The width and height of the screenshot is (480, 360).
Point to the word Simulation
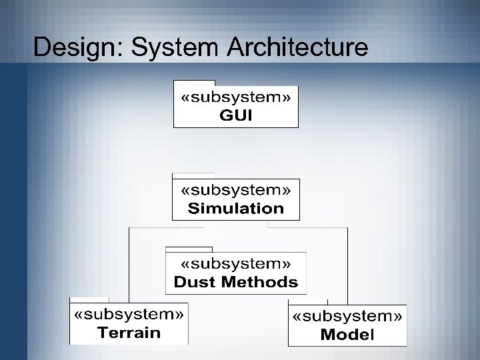[x=236, y=208]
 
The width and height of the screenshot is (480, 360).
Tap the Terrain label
[x=129, y=333]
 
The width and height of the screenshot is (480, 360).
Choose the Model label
[x=347, y=334]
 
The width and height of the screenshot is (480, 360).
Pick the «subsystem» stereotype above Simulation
[x=236, y=190]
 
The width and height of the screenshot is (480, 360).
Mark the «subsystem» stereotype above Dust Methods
[x=236, y=264]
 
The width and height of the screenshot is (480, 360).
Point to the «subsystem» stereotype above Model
[x=347, y=316]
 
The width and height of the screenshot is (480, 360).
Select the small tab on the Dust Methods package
[x=183, y=249]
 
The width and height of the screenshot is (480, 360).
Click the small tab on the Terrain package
[x=89, y=299]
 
